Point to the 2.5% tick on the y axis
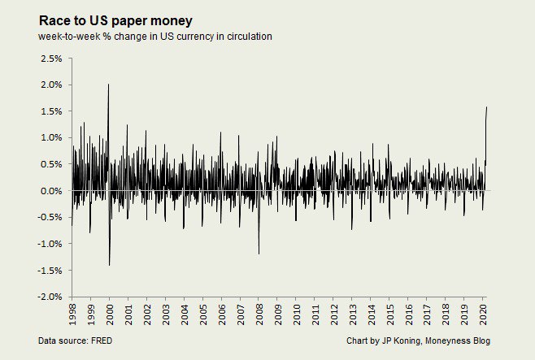click(x=51, y=59)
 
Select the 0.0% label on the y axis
click(x=51, y=191)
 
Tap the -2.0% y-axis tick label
click(x=50, y=297)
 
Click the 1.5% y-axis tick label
click(x=51, y=111)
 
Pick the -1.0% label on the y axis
click(x=50, y=244)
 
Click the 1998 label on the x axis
click(x=72, y=314)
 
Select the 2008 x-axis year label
click(x=259, y=314)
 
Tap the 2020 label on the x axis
click(x=482, y=314)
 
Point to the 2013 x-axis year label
click(x=351, y=314)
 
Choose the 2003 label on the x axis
click(x=165, y=314)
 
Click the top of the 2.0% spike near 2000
click(x=108, y=84)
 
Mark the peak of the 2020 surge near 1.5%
click(x=487, y=106)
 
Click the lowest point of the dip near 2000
click(x=109, y=265)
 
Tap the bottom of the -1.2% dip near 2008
click(x=259, y=254)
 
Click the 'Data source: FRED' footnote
click(x=75, y=340)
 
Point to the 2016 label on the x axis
click(x=407, y=314)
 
